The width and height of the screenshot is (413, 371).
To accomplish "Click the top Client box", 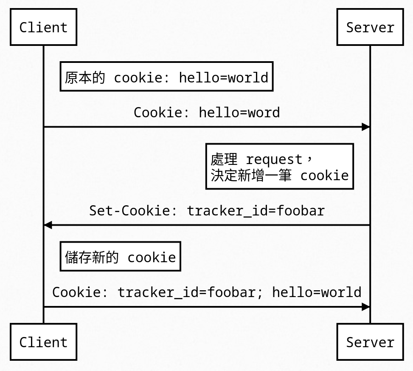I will (x=43, y=27).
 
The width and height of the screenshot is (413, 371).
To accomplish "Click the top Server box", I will (x=370, y=27).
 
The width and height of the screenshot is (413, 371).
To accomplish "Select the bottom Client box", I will (x=43, y=342).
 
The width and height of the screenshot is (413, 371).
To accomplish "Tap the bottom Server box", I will (x=370, y=342).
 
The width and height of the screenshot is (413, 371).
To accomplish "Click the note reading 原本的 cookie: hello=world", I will (x=166, y=77).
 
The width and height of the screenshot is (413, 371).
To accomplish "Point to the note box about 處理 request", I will (x=279, y=167).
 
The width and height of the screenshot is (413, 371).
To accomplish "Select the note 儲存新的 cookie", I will (x=120, y=257).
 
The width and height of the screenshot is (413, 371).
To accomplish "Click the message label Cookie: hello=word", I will (x=207, y=113).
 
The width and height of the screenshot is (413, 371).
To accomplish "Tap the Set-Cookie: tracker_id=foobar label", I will (x=207, y=211).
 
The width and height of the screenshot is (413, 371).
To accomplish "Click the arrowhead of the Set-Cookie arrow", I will (x=48, y=225).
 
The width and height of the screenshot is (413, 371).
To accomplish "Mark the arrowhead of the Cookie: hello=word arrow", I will (x=365, y=127).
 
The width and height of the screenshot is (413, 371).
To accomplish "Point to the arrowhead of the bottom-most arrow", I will (x=365, y=307).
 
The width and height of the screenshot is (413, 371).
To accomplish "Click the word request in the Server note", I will (x=274, y=160).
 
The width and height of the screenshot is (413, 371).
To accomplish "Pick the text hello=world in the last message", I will (x=317, y=292).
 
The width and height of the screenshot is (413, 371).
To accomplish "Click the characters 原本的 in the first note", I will (x=85, y=78).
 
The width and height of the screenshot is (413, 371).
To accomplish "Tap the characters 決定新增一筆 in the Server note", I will (x=251, y=176).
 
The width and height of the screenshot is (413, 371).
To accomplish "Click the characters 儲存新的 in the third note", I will (x=91, y=257).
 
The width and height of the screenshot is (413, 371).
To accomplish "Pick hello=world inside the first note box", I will (x=223, y=78).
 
